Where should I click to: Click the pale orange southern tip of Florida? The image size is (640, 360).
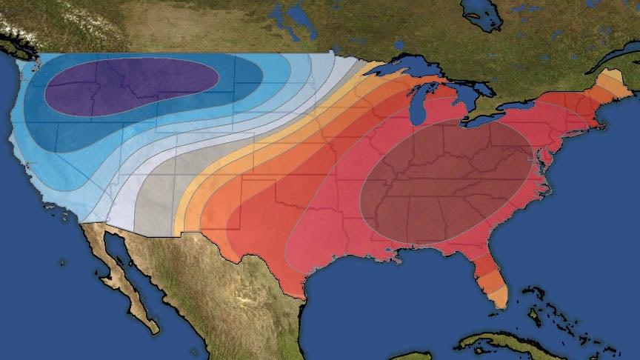tap(499, 296)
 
